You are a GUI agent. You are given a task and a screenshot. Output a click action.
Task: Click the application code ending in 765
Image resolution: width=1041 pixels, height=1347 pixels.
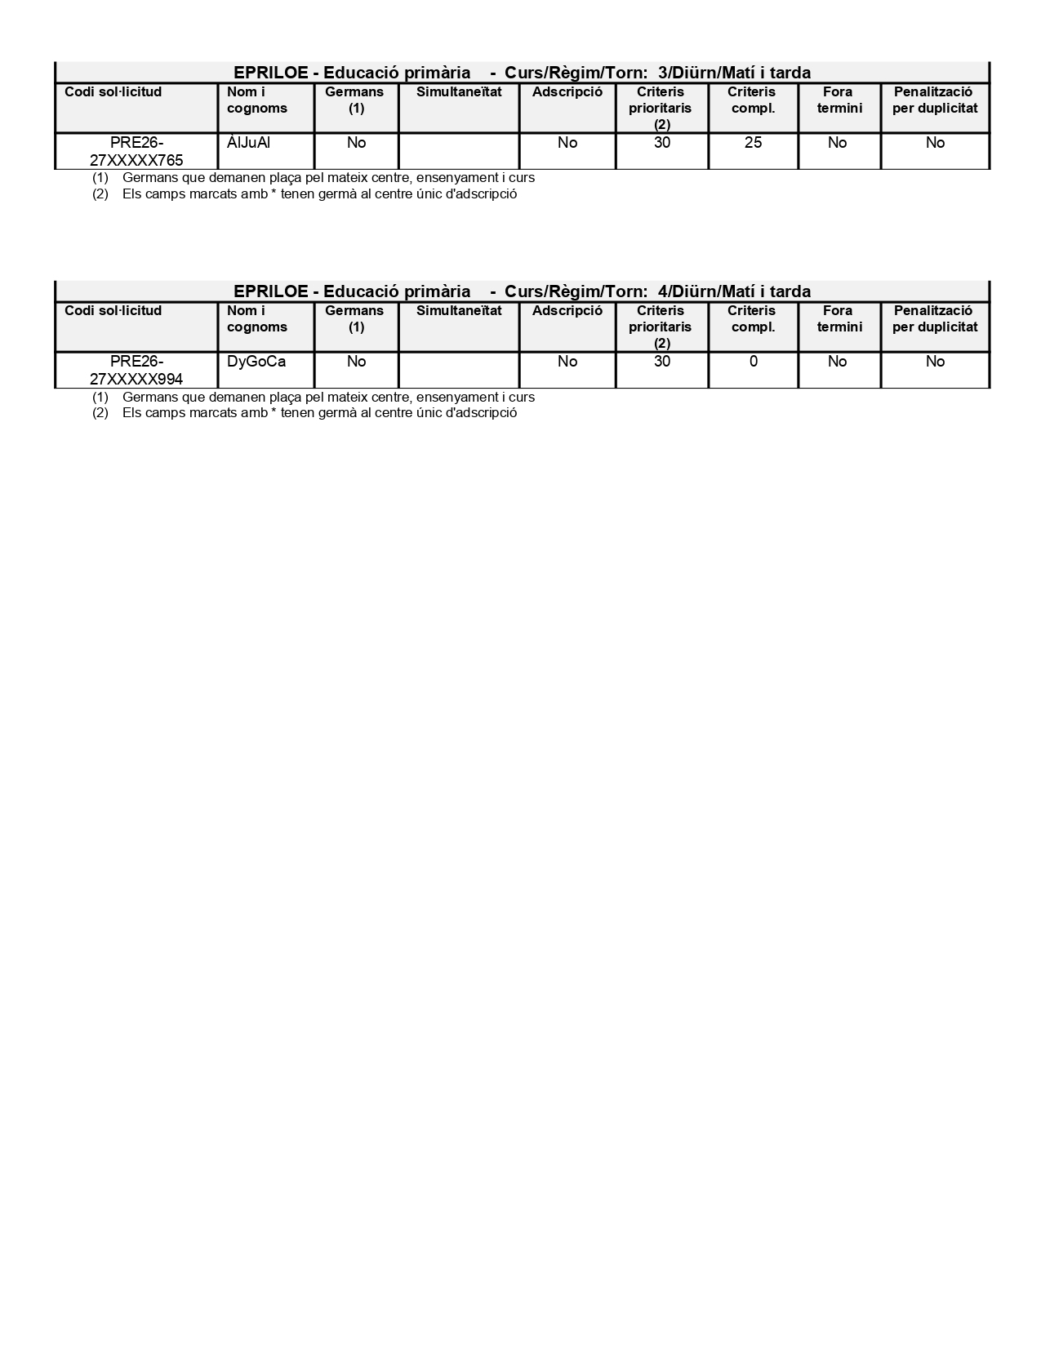[x=136, y=151]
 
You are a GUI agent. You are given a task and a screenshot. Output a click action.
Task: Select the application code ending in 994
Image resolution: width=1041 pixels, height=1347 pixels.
[x=136, y=370]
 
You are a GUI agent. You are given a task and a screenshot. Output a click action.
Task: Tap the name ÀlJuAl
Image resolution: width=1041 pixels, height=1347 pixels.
[x=248, y=143]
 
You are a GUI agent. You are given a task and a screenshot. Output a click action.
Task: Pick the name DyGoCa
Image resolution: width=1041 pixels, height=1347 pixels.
[x=256, y=362]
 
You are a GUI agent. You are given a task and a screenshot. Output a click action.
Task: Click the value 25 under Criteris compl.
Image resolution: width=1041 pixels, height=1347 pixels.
[x=753, y=143]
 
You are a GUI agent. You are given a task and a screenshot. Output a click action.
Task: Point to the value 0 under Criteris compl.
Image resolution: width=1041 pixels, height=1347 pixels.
[x=753, y=362]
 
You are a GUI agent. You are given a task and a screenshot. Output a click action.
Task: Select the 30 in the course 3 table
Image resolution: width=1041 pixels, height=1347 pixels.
[x=661, y=143]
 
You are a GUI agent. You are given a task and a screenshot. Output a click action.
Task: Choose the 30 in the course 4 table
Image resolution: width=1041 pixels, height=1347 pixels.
[x=661, y=362]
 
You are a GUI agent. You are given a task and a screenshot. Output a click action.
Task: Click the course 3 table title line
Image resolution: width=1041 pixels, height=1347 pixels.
[x=522, y=73]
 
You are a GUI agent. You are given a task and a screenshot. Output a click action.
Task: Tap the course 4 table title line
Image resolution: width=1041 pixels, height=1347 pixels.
[x=522, y=291]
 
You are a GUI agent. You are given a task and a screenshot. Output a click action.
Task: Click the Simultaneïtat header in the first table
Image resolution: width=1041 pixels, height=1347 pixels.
[x=459, y=92]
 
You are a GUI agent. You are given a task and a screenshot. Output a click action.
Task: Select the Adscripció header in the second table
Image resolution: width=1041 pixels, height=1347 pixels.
[x=567, y=311]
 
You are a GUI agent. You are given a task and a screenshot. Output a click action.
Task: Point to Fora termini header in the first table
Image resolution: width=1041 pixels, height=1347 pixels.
[x=839, y=100]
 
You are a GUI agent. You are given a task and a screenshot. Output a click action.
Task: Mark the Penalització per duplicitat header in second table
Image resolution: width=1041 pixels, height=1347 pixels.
[x=934, y=319]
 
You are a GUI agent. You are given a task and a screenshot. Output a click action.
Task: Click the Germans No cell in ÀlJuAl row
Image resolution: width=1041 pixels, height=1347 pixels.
[x=356, y=143]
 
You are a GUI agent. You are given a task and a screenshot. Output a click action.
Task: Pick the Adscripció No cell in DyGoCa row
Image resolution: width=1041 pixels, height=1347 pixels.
[x=567, y=362]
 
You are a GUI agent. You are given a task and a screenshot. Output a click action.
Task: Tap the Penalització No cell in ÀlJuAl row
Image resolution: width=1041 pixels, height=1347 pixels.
[x=935, y=143]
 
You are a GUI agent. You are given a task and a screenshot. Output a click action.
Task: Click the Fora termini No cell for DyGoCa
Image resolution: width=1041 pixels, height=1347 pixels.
[x=837, y=362]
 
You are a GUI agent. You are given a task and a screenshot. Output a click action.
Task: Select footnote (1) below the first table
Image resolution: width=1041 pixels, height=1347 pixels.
[x=314, y=178]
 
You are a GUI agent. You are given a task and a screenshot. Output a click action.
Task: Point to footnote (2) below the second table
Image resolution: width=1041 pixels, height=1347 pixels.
[x=305, y=413]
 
